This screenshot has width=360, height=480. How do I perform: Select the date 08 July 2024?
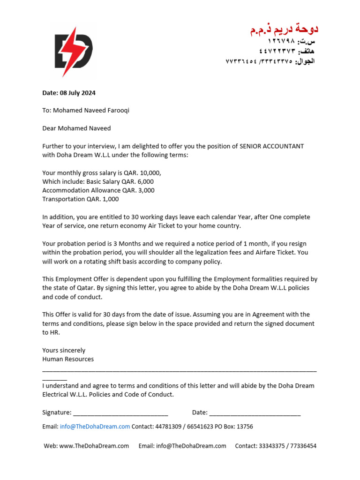tap(78, 93)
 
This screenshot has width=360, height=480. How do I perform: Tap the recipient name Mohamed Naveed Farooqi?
tap(91, 111)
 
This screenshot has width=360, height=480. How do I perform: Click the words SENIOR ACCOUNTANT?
tap(271, 146)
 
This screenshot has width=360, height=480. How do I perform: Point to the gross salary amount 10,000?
tap(150, 173)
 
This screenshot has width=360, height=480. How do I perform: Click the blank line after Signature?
tap(120, 413)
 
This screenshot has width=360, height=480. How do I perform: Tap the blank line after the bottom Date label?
tap(255, 413)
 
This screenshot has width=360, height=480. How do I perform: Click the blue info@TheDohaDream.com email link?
tap(95, 427)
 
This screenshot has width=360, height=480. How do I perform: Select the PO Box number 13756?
tap(245, 427)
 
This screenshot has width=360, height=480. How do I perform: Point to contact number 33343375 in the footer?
tap(271, 446)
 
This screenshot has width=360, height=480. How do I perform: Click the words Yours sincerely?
tap(64, 350)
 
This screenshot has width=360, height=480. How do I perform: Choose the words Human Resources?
tap(68, 359)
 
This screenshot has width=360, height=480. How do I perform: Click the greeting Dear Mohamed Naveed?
tap(76, 128)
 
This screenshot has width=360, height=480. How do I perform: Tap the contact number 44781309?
tap(170, 427)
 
